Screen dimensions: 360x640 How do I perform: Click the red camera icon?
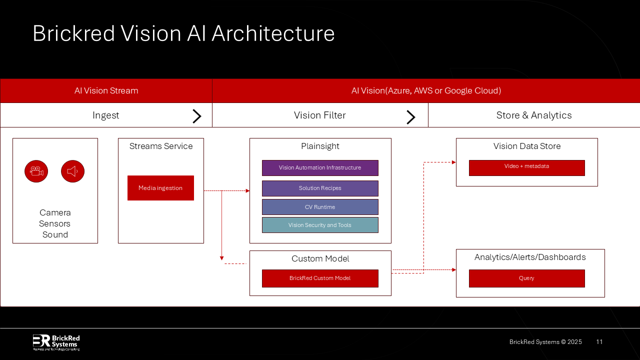(x=36, y=171)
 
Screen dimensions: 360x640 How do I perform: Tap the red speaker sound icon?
(x=72, y=171)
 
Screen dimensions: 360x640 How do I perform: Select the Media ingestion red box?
(x=160, y=188)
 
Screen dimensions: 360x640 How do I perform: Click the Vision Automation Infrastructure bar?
(x=320, y=168)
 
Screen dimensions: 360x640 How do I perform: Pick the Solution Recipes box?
(x=320, y=188)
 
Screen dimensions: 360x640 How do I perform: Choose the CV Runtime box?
(x=320, y=207)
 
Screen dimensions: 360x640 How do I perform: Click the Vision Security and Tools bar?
(x=320, y=225)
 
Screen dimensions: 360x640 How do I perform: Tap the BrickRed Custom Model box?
(x=320, y=278)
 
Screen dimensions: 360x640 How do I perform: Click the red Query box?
(x=526, y=278)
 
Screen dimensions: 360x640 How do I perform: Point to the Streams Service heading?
(x=161, y=146)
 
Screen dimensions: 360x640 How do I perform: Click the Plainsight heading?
(x=320, y=146)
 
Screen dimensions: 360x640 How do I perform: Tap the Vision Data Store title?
(x=527, y=146)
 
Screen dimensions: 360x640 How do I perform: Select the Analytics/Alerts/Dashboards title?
(x=530, y=257)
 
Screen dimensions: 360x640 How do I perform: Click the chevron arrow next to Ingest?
(x=197, y=116)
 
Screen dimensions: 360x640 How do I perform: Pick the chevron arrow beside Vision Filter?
(x=411, y=117)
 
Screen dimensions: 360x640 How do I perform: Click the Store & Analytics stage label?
(x=534, y=115)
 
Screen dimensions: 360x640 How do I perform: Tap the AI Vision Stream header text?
(x=106, y=90)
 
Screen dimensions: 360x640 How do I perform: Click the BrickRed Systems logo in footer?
(x=56, y=342)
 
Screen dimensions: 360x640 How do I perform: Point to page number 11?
(x=599, y=342)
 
